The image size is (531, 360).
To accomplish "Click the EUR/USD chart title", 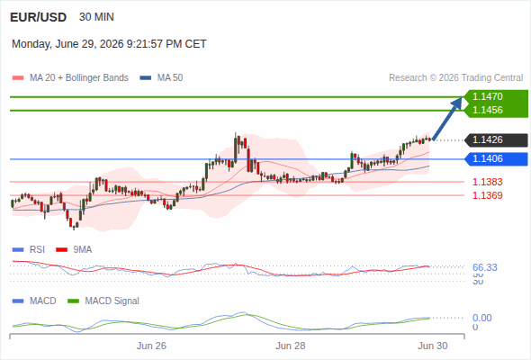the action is tap(39, 17).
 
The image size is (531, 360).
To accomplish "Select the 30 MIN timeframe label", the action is tap(96, 17).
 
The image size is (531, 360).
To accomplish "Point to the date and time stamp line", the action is tap(109, 44).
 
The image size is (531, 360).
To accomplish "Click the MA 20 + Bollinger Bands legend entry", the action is tap(70, 78).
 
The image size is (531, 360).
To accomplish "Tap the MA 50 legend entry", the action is tap(161, 78).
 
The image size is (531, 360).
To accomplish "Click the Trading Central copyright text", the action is tap(455, 78).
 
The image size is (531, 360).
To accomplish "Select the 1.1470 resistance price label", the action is tap(487, 96).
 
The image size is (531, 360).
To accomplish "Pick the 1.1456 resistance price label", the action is tap(487, 110).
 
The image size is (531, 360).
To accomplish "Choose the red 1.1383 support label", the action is tap(487, 182).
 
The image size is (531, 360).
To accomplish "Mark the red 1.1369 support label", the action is tap(487, 195).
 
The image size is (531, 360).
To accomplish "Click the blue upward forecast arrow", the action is tap(447, 119).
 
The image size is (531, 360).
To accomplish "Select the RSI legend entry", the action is tap(29, 250).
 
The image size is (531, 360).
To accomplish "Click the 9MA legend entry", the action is tap(74, 250).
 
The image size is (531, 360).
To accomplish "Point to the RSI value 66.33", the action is tap(485, 267).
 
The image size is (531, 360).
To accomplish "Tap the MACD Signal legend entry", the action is tap(103, 301).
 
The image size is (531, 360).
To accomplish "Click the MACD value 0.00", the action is tap(481, 318).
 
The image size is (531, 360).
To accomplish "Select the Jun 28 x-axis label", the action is tap(290, 346).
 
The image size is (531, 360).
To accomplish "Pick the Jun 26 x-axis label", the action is tap(151, 346).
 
